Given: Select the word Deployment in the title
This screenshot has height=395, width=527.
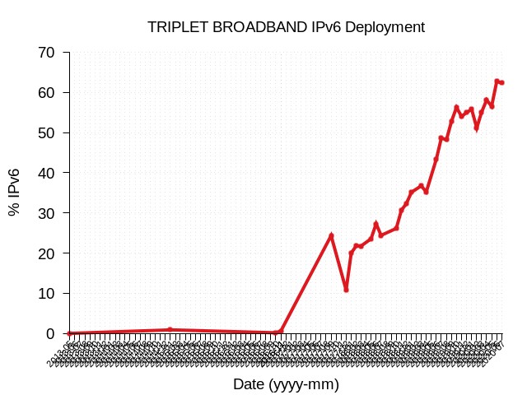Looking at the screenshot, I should [x=385, y=27].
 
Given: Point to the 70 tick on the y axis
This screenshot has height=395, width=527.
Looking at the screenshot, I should [x=47, y=53].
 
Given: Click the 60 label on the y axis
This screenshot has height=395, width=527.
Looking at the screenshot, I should [x=47, y=93].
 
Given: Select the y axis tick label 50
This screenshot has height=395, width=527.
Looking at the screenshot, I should [x=47, y=133].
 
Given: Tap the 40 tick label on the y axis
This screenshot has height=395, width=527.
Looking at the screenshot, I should [x=47, y=174].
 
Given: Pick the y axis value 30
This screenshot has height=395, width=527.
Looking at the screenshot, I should [x=47, y=213].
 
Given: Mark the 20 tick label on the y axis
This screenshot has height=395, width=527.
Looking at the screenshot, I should [x=47, y=253].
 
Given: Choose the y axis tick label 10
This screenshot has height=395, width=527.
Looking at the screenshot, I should [x=47, y=294].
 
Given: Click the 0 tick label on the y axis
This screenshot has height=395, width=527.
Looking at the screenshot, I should [x=51, y=334].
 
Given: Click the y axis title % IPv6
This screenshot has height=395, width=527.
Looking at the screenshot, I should [x=15, y=192].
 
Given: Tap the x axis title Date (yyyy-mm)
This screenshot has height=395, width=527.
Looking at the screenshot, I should [x=286, y=384].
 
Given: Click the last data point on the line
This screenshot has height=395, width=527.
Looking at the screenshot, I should [x=501, y=82].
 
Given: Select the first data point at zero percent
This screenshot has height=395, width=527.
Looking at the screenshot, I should [x=70, y=333].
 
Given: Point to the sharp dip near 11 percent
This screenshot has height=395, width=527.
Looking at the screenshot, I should [x=346, y=290].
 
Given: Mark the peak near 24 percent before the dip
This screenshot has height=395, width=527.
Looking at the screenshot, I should [x=331, y=236].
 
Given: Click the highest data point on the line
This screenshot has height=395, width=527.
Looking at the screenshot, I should [x=497, y=81].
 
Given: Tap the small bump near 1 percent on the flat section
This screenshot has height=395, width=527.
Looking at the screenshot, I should [x=170, y=329].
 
